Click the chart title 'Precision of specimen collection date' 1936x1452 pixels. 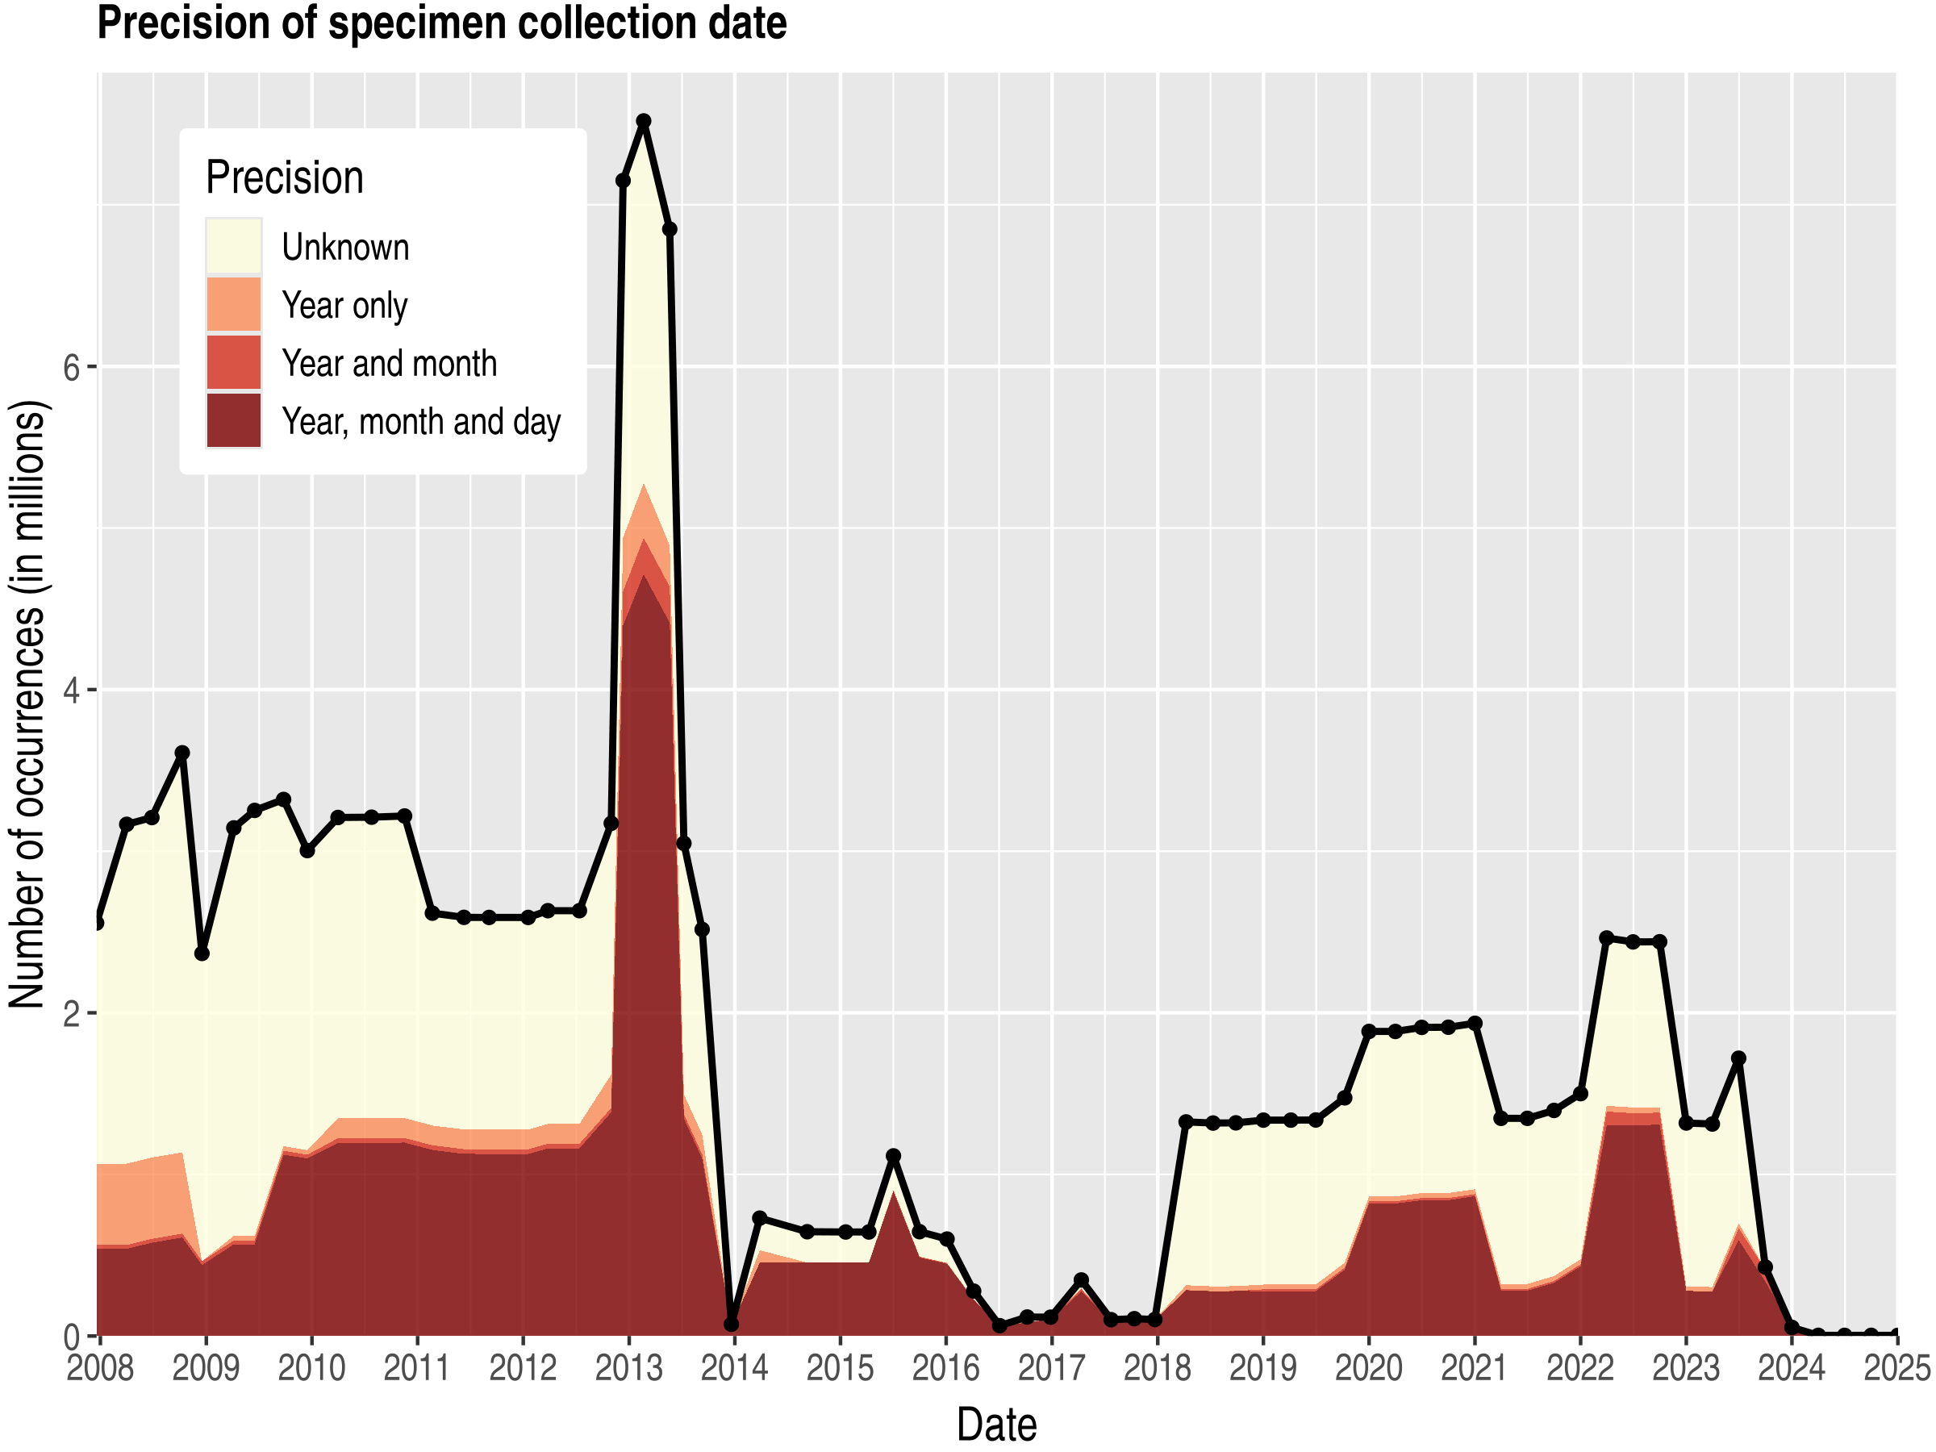[x=441, y=23]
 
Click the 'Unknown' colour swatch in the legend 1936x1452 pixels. [x=234, y=246]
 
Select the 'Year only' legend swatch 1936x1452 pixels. [x=234, y=305]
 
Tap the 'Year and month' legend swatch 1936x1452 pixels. [x=234, y=362]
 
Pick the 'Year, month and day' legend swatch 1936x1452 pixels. [x=234, y=420]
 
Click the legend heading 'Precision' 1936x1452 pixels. [x=285, y=177]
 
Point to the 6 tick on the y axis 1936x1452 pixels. [x=72, y=367]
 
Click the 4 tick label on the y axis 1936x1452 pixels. [x=72, y=691]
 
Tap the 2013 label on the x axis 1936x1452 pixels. [x=628, y=1368]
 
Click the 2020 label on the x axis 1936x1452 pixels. [x=1369, y=1368]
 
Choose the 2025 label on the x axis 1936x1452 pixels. [x=1896, y=1368]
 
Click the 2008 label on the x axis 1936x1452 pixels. [x=101, y=1368]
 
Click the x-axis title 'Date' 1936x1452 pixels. [x=997, y=1425]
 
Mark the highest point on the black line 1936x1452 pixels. [x=643, y=121]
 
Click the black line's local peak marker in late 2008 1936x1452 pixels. [x=182, y=753]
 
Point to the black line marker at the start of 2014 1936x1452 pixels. [x=731, y=1325]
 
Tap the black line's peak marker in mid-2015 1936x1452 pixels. [x=894, y=1156]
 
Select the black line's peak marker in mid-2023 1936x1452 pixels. [x=1739, y=1058]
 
